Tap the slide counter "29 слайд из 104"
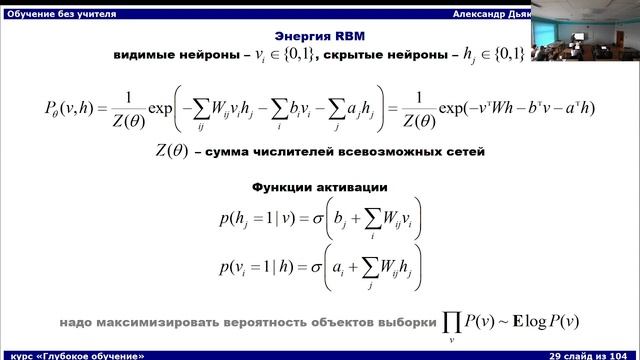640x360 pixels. [588, 354]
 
